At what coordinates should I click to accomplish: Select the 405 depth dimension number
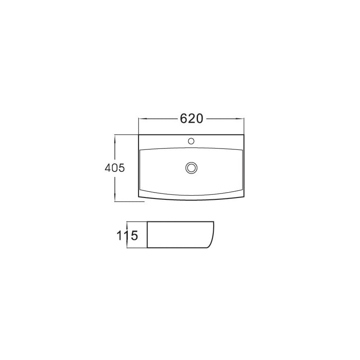114,168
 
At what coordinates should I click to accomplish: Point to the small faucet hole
192,141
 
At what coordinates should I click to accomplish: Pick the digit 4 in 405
108,168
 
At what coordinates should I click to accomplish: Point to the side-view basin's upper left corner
148,222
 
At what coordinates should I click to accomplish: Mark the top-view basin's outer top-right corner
244,135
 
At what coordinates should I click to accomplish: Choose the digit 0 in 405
114,168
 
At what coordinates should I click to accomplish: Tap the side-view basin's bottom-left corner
148,247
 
